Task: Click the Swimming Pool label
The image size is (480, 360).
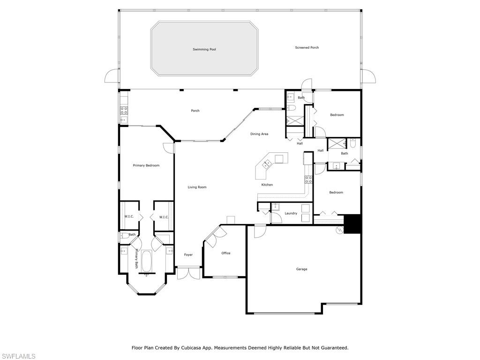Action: click(x=204, y=49)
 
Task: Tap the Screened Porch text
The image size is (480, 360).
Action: click(x=307, y=47)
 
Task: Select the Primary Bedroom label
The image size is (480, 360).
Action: click(x=146, y=165)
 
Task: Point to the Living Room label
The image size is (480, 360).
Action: click(x=197, y=187)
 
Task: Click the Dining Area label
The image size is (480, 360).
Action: click(x=259, y=134)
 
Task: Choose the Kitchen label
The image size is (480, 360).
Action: click(x=267, y=185)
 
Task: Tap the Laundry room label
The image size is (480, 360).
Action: click(x=291, y=213)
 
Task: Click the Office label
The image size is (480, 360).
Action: click(x=226, y=253)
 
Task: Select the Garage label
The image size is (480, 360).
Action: click(x=301, y=269)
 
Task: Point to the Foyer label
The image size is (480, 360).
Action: click(x=188, y=255)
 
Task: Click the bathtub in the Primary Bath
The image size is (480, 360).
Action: click(x=147, y=261)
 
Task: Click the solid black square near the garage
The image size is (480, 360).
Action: click(x=352, y=224)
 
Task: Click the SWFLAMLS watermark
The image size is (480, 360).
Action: click(x=18, y=356)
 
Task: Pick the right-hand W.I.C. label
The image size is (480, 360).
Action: click(x=164, y=217)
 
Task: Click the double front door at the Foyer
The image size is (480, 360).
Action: click(x=188, y=273)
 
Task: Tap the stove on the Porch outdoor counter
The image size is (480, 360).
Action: click(x=124, y=111)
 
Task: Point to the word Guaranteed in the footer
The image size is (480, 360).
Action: click(x=333, y=348)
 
